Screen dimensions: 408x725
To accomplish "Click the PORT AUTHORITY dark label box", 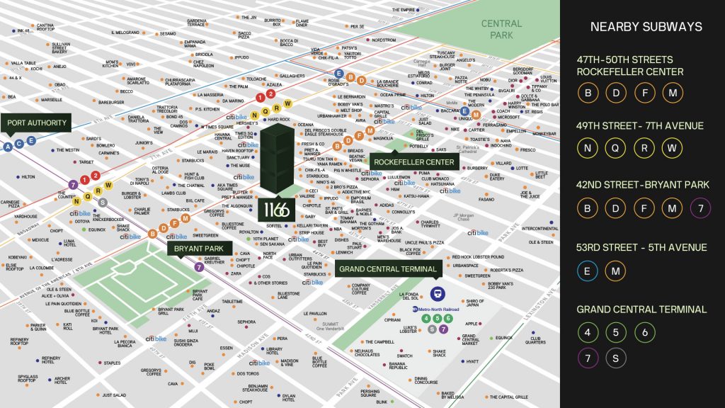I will point(37,123).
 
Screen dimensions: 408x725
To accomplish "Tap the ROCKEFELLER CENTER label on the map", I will point(413,162).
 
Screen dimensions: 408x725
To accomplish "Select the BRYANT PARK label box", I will point(195,249).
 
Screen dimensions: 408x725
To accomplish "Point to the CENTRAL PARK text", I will point(501,28).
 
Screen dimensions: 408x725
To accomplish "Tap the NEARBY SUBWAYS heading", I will point(646,27).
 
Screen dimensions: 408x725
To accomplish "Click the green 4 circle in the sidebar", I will point(587,331).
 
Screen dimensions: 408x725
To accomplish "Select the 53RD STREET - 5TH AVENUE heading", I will point(641,247).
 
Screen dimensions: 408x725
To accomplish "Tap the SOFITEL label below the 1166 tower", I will point(275,225).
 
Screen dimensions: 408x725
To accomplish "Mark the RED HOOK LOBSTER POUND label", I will point(479,257).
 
